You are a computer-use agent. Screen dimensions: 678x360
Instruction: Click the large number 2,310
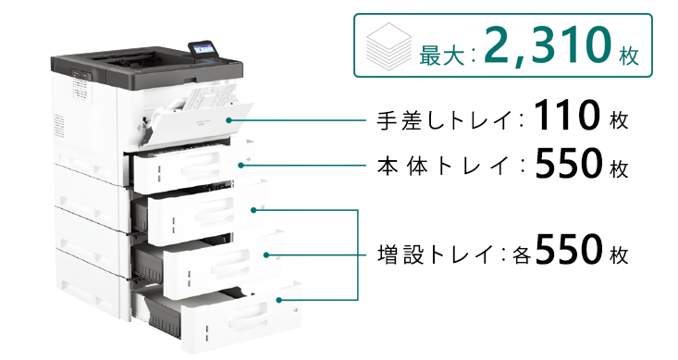548,45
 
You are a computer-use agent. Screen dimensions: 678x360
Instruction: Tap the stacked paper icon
388,46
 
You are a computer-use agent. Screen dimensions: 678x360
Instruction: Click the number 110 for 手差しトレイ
567,115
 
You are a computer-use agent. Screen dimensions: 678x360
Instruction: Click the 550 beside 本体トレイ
568,163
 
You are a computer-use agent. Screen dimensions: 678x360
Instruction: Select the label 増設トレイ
436,254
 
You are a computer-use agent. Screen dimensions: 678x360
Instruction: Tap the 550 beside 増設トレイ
568,250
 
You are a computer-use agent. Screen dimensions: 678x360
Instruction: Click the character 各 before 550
522,255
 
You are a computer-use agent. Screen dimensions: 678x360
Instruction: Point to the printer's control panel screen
203,48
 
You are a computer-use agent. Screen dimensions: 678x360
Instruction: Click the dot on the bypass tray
228,120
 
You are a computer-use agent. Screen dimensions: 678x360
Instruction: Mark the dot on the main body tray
240,165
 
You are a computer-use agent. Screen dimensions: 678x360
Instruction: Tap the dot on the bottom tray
279,300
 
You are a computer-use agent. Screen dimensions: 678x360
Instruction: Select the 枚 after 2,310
628,56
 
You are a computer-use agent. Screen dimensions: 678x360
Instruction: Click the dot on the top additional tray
253,210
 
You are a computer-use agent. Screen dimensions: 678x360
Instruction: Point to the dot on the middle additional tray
266,254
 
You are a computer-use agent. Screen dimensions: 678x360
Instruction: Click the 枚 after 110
619,120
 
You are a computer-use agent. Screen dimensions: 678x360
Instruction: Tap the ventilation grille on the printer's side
59,126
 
